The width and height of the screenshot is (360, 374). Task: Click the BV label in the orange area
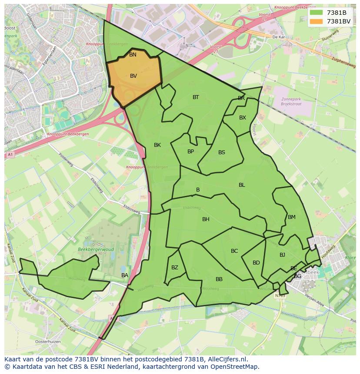133,76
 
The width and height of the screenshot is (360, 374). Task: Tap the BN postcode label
133,55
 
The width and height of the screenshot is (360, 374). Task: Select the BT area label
196,97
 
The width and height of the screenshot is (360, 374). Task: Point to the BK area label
157,145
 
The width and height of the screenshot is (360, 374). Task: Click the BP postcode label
190,152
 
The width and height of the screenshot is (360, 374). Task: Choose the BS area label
222,152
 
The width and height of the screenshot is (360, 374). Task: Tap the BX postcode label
243,118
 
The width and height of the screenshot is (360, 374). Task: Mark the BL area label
242,185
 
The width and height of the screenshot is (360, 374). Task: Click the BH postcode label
206,219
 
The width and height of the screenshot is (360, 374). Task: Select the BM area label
292,217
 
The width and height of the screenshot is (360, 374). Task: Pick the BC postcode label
234,251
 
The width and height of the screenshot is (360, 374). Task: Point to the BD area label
256,263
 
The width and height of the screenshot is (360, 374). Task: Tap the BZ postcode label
175,268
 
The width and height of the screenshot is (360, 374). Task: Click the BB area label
219,279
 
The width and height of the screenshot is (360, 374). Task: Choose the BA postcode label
125,275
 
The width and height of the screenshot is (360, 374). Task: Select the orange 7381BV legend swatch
316,21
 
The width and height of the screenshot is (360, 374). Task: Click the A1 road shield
10,155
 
